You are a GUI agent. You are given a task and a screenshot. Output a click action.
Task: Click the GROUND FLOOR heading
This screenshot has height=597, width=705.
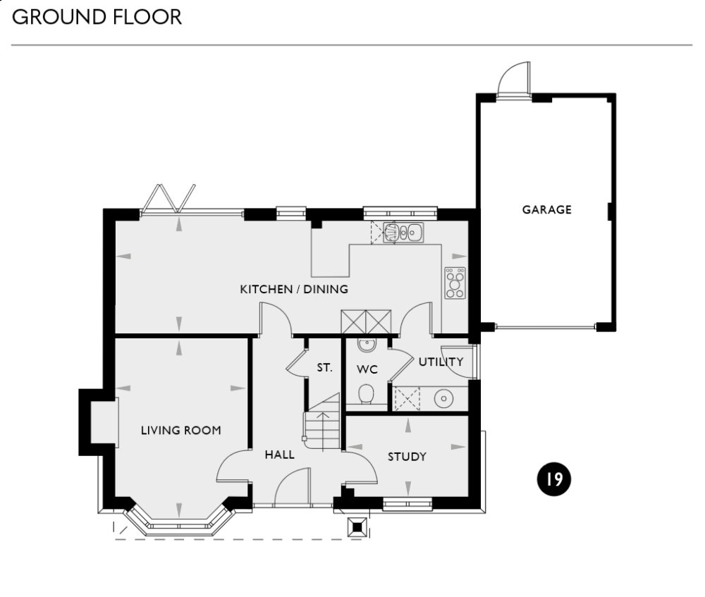tap(97, 17)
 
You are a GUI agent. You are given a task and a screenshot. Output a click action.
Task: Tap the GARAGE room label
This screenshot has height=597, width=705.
tap(546, 209)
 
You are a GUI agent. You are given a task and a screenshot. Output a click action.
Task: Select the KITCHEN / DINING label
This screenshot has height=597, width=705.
tap(294, 289)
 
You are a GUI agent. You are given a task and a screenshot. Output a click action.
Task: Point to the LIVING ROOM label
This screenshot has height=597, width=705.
tap(180, 430)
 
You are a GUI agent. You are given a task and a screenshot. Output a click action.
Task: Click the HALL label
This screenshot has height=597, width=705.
tap(279, 455)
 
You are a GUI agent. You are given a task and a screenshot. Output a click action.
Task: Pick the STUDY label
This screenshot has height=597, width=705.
tap(407, 457)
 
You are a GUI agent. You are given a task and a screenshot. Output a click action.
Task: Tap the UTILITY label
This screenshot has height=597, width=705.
tap(441, 362)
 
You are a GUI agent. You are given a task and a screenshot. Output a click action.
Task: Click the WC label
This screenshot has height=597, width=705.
tap(367, 369)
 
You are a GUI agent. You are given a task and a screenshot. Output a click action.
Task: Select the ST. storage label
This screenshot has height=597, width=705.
tap(324, 367)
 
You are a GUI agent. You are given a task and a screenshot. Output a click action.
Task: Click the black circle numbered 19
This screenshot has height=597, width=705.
tap(553, 480)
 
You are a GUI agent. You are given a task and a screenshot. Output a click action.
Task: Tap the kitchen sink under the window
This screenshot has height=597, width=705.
tap(404, 231)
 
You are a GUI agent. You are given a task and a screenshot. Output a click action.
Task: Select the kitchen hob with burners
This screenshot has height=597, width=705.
tap(455, 283)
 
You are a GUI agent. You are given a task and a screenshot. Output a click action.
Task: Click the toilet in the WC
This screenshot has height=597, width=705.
tap(365, 393)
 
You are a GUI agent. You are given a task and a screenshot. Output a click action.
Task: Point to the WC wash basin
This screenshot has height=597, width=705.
tap(366, 345)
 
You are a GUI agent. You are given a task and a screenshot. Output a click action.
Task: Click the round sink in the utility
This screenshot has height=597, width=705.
tap(443, 398)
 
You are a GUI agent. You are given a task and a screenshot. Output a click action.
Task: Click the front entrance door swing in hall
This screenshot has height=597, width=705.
tap(290, 488)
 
